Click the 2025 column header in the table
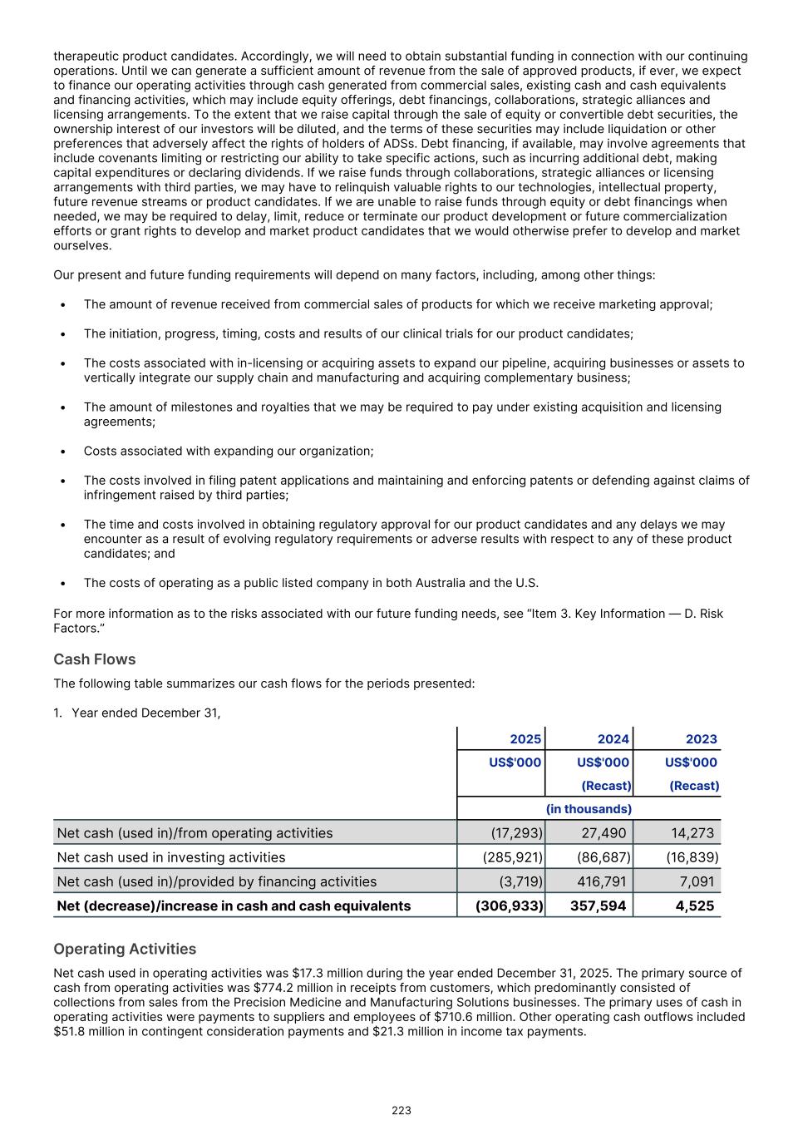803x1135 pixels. point(525,739)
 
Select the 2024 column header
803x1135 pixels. point(613,739)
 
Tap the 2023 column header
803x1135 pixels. point(701,739)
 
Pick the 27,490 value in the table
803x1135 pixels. point(603,833)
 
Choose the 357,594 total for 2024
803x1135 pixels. point(598,906)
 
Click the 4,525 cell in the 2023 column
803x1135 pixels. point(695,906)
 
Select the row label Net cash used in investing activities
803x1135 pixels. point(170,857)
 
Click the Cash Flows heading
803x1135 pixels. point(94,659)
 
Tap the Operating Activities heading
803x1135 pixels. point(125,949)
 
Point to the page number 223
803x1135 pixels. point(401,1110)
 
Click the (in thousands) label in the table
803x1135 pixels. point(589,809)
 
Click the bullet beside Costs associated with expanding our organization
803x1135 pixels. point(64,452)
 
